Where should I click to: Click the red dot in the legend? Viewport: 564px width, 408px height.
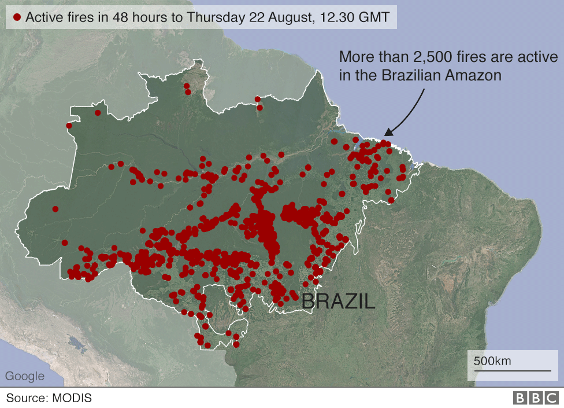17,17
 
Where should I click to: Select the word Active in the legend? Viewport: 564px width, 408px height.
44,17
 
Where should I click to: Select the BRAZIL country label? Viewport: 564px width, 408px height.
339,301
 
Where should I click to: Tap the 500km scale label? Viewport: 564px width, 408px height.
492,361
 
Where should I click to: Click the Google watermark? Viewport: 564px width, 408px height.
25,376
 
